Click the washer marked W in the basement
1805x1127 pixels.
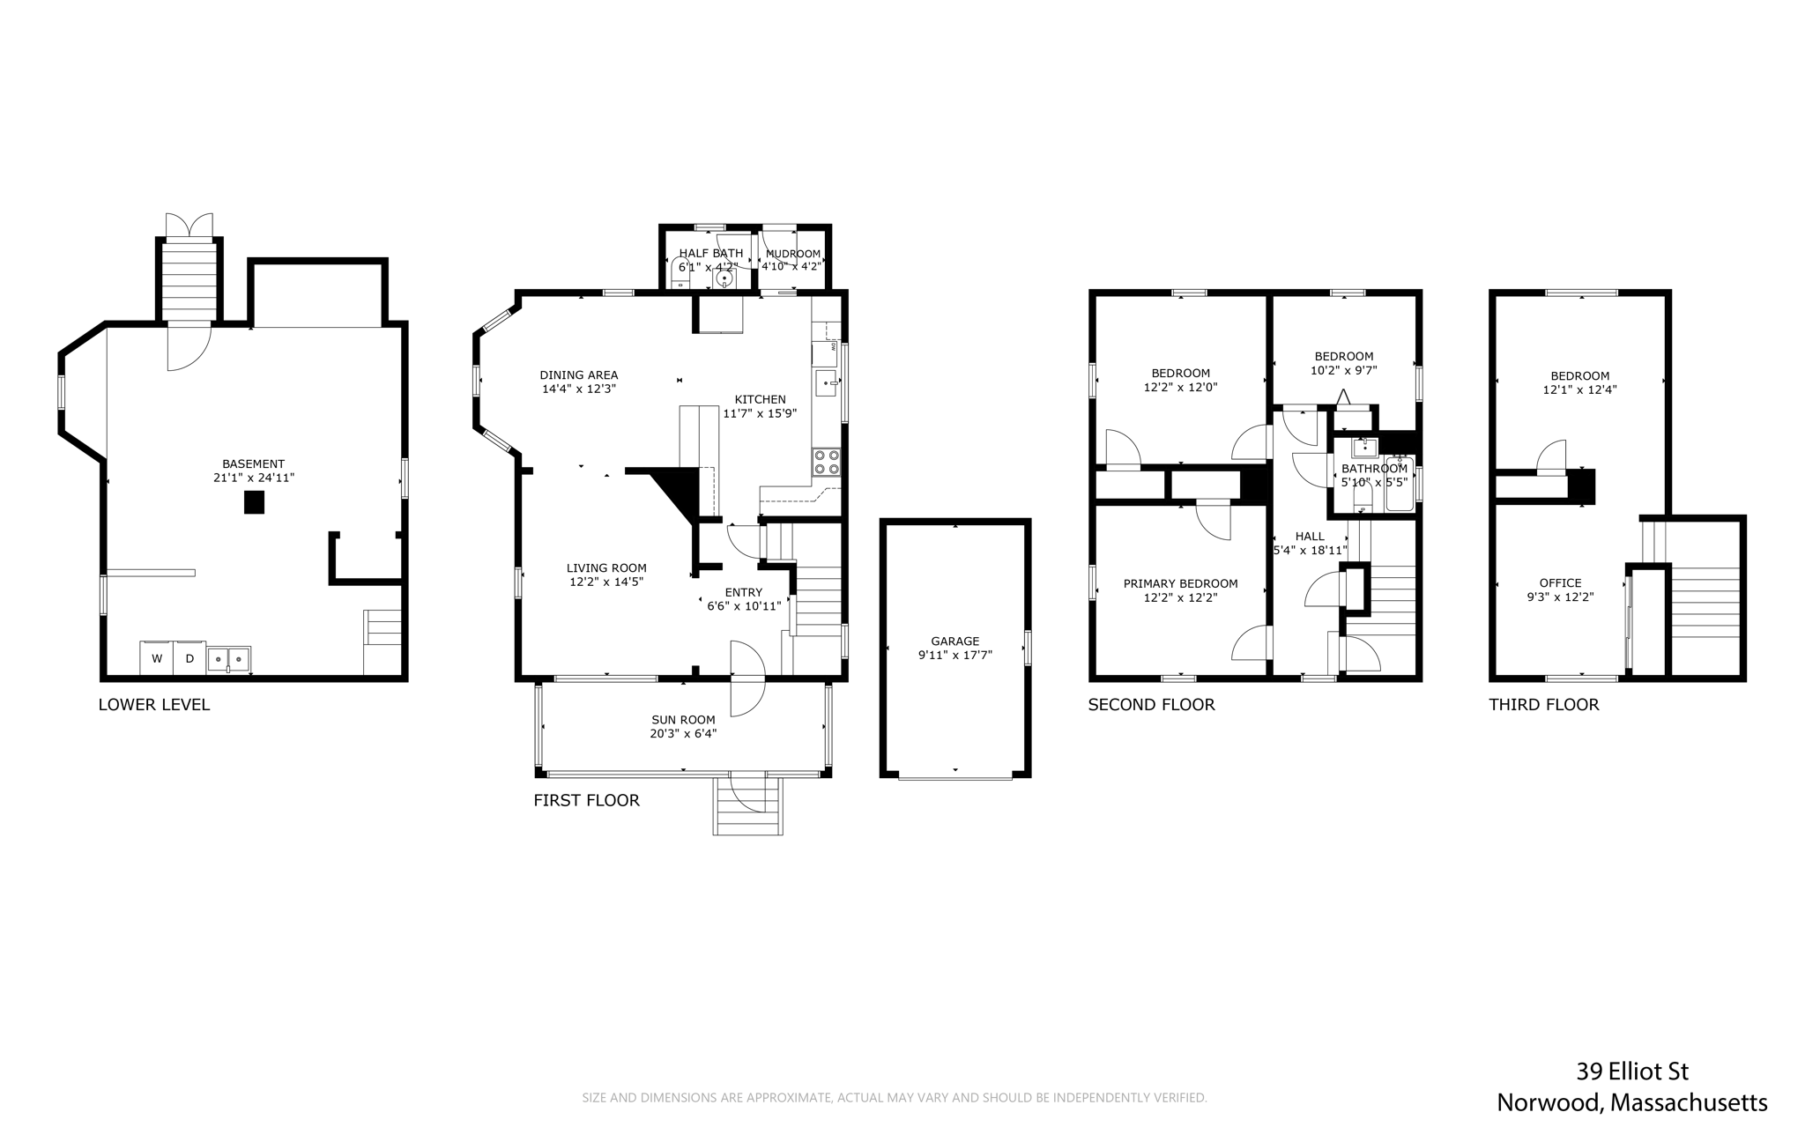(x=156, y=658)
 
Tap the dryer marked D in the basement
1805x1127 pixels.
(x=189, y=658)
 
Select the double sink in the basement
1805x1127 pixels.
(x=229, y=659)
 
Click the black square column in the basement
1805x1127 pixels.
(x=254, y=502)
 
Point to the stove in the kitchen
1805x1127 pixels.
(x=826, y=462)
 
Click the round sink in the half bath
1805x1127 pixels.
(x=724, y=279)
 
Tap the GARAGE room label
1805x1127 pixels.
(x=955, y=641)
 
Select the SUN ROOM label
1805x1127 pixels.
(x=683, y=720)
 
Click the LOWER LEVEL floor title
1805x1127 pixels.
(x=154, y=705)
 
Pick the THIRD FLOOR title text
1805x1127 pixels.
(x=1544, y=705)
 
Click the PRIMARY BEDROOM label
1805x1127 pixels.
(x=1180, y=583)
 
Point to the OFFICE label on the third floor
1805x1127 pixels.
(x=1561, y=582)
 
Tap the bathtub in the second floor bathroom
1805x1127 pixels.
(x=1400, y=483)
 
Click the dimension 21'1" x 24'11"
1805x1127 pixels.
(x=254, y=478)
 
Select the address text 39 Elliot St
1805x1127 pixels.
(x=1632, y=1071)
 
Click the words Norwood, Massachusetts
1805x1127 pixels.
(x=1632, y=1103)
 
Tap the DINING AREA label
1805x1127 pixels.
(x=579, y=375)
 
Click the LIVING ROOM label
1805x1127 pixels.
(x=606, y=568)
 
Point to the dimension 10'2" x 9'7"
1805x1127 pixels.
(x=1344, y=370)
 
